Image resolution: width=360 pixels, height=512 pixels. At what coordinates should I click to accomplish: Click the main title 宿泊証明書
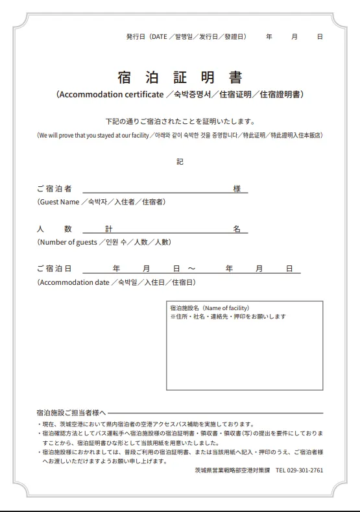point(180,78)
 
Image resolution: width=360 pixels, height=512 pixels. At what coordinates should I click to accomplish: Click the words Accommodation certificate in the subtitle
point(110,95)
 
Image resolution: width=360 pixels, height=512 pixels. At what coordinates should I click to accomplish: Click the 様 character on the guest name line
point(237,189)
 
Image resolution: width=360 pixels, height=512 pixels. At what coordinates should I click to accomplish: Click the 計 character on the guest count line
point(109,229)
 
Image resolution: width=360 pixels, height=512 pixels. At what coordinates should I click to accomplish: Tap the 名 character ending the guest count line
point(237,229)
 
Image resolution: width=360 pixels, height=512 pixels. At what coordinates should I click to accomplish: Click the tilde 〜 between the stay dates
point(191,269)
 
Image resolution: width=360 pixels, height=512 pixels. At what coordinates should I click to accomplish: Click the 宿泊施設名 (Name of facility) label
point(210,308)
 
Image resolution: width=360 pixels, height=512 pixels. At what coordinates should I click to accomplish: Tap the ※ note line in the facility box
point(228,316)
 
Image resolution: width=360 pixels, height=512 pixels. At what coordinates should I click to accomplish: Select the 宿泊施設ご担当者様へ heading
point(71,413)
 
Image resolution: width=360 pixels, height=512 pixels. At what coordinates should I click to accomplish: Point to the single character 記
point(180,162)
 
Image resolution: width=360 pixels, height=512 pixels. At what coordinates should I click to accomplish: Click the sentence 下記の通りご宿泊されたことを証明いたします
point(180,121)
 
